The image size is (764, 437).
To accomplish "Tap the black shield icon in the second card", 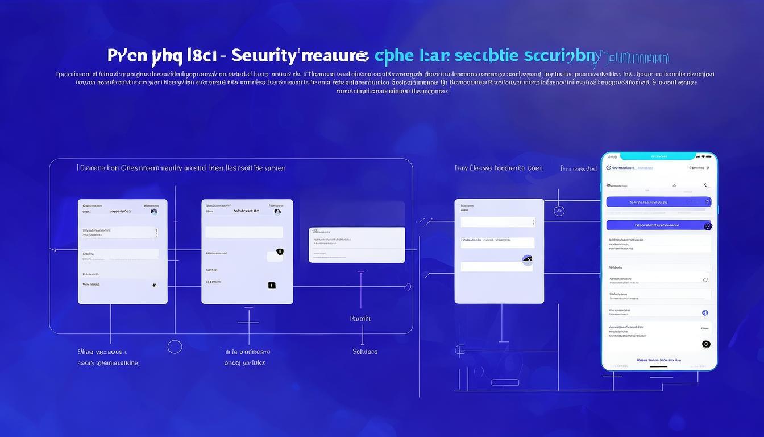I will [279, 252].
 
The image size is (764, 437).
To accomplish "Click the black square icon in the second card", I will [272, 285].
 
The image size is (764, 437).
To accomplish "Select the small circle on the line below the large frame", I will [175, 347].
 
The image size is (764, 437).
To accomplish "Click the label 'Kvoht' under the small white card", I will [360, 319].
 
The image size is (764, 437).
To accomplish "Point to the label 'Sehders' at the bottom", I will [365, 352].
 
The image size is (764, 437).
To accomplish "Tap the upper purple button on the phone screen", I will [658, 202].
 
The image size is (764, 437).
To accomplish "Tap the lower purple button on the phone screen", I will [658, 225].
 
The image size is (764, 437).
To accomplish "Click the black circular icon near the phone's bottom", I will [706, 344].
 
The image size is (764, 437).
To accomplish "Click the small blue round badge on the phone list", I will [705, 312].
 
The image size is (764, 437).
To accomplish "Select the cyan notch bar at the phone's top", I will [659, 156].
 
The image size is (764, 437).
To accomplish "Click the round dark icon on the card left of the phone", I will [527, 260].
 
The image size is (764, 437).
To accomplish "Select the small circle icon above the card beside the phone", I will [559, 211].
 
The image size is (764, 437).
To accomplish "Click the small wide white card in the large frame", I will [356, 245].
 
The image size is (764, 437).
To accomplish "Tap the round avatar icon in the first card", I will [153, 211].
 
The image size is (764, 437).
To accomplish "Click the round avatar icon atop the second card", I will [277, 212].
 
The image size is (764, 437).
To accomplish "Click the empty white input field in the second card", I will [244, 232].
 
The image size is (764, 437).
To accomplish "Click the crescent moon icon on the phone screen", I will [707, 185].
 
